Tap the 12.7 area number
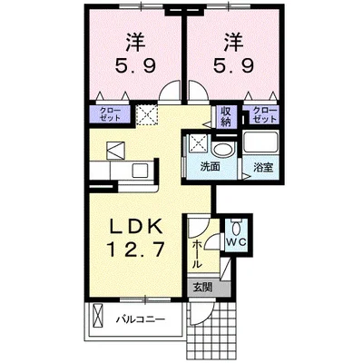(135, 250)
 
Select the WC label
(237, 241)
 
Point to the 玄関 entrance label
(202, 288)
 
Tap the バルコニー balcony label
(142, 319)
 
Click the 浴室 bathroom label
(263, 167)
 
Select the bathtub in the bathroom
(260, 142)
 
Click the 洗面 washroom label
(210, 166)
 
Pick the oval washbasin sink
(223, 150)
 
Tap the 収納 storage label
(227, 117)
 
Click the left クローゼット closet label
(110, 114)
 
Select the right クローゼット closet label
(265, 114)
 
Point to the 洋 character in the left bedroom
(135, 43)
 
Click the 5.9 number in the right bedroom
(234, 65)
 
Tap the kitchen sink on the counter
(140, 171)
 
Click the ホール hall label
(197, 253)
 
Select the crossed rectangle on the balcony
(98, 315)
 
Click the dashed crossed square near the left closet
(146, 115)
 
